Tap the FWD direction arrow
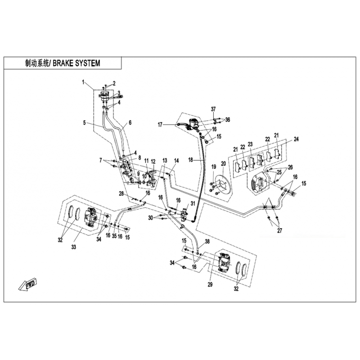coord(28,285)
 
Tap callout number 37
coord(214,109)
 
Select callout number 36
coord(228,119)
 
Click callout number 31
coord(193,204)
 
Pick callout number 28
coord(121,193)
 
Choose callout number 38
coord(207,242)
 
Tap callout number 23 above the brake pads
coord(250,144)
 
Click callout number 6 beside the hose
coord(130,122)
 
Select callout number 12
coord(153,161)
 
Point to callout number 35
coord(115,235)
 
